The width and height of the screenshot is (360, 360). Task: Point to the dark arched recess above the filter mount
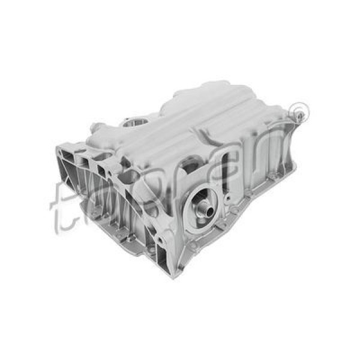click(x=191, y=163)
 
